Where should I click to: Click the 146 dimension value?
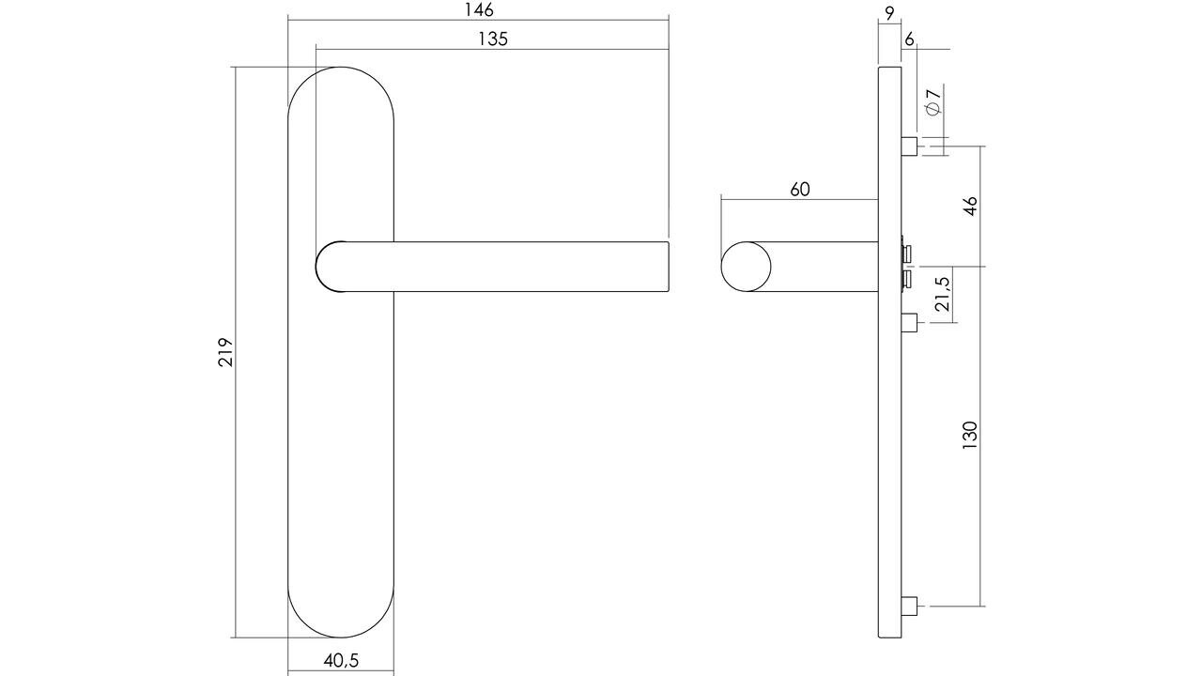[x=478, y=10]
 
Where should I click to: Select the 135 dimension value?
[x=492, y=38]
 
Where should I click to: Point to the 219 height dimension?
[x=225, y=352]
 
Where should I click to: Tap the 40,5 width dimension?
[x=341, y=660]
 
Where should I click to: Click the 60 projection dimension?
[x=799, y=190]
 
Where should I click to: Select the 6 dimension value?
[x=909, y=39]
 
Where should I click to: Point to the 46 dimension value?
[x=970, y=207]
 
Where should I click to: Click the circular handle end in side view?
[x=746, y=267]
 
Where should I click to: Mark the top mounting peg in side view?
[x=909, y=146]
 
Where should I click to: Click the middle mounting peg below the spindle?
[x=909, y=323]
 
